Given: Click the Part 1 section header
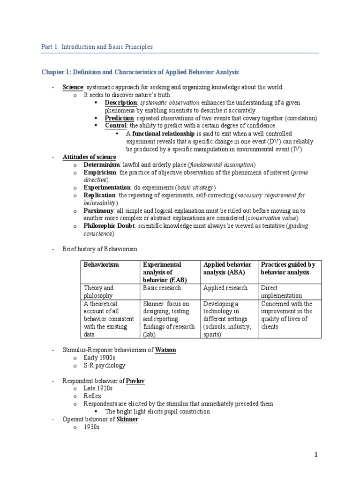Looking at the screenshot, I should coord(97,47).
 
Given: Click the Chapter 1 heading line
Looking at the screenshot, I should coord(140,72).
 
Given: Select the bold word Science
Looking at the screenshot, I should coord(73,87).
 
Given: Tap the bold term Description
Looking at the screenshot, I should coord(120,103).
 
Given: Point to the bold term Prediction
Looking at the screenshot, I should coord(119,118).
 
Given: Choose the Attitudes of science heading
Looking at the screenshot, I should coord(89,157).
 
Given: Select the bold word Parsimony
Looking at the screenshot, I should coord(98,210).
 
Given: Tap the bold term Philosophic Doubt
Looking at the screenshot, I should coord(109,225).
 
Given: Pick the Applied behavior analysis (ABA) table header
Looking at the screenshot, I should coord(227,268).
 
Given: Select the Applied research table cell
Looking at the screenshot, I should coord(225,288).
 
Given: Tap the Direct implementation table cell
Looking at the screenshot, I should coord(281,292).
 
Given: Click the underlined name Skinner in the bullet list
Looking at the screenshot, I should coord(127,419).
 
